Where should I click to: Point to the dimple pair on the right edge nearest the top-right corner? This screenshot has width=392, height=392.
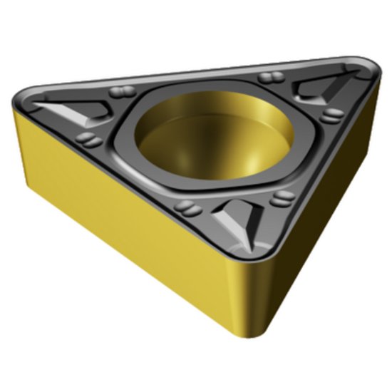(330, 115)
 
